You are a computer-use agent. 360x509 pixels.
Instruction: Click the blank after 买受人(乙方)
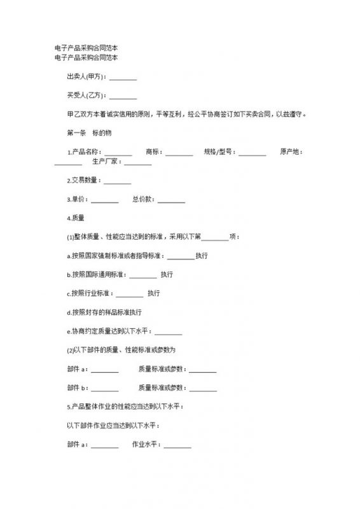(x=123, y=97)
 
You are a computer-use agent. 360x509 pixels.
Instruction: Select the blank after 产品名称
(x=118, y=153)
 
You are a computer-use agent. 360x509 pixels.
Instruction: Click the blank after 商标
(x=179, y=153)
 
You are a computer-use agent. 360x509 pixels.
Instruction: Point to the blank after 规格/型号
(x=253, y=153)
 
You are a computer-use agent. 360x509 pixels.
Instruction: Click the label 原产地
(x=292, y=152)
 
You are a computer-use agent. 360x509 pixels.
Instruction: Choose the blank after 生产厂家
(x=139, y=162)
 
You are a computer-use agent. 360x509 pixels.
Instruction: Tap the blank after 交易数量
(x=117, y=181)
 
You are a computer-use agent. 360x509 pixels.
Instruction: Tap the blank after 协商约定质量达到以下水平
(x=169, y=331)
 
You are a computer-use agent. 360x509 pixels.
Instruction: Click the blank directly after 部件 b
(x=105, y=388)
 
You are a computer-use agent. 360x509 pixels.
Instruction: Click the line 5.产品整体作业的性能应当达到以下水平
(x=125, y=407)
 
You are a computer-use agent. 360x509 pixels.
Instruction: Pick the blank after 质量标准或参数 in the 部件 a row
(x=203, y=369)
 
